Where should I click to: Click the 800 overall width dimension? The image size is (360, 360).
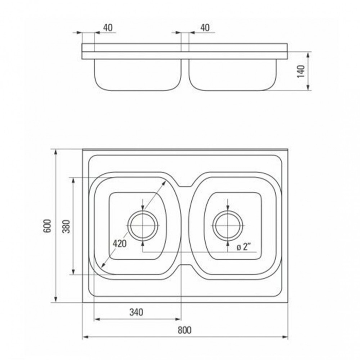click(184, 330)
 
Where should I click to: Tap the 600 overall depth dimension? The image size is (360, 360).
click(47, 226)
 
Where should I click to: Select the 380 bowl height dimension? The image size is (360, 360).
click(66, 226)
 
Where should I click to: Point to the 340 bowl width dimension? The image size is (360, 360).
click(136, 312)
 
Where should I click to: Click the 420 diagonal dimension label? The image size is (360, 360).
click(119, 243)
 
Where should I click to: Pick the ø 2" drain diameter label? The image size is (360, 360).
click(243, 247)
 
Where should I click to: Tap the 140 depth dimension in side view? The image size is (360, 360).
click(301, 71)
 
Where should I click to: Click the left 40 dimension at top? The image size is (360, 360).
click(108, 28)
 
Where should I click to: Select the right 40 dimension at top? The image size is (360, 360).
click(205, 28)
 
